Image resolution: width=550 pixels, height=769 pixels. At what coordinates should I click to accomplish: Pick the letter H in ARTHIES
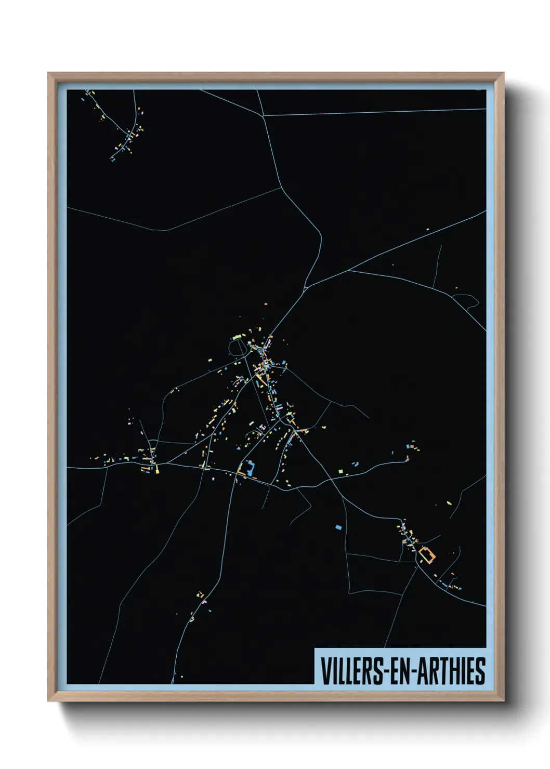[x=453, y=671]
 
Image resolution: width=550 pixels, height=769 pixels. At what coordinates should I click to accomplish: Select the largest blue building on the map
[x=251, y=468]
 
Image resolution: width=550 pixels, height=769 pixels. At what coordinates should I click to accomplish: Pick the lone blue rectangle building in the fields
[x=338, y=527]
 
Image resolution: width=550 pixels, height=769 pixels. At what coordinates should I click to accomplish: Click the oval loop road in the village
[x=238, y=347]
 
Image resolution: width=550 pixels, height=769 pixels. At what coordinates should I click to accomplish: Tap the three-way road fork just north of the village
[x=306, y=286]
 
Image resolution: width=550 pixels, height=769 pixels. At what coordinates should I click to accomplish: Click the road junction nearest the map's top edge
[x=265, y=115]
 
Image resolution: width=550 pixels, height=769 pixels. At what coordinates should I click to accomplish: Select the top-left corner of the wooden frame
[x=48, y=73]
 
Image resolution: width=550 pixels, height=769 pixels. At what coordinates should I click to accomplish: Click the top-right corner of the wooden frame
[x=504, y=73]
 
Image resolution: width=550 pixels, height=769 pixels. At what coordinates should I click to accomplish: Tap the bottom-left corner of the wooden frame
[x=48, y=701]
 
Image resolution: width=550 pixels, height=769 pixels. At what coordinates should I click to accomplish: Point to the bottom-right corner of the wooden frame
[x=504, y=701]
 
